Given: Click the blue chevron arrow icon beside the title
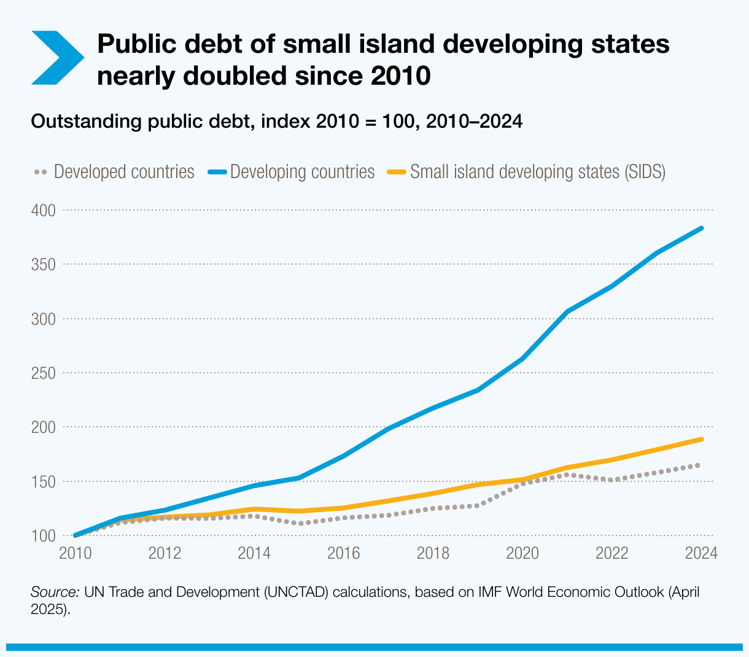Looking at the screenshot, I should (56, 58).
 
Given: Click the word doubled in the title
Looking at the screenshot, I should (235, 76).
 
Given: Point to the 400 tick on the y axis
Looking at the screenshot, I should (43, 211).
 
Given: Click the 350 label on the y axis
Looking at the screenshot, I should (43, 265).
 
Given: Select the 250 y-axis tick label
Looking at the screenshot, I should (43, 373).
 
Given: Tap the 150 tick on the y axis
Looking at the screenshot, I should (43, 482).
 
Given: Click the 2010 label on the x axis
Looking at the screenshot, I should (75, 553).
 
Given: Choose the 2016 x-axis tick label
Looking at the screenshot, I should (343, 553).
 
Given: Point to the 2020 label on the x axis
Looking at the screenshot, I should (522, 553).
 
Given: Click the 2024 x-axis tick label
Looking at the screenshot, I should (701, 553).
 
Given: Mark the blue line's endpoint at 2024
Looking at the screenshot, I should (701, 228).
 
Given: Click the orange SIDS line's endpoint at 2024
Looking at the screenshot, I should (701, 440).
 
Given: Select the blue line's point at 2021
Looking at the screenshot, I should (567, 312).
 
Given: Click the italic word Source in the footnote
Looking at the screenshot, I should (55, 593).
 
